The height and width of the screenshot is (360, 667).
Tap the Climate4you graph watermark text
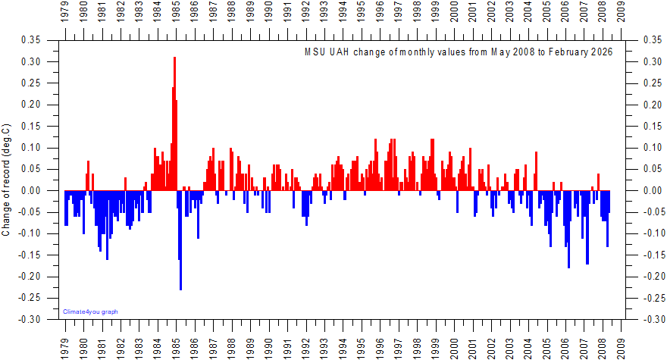[x=91, y=311]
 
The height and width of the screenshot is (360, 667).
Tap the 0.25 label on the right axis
[x=651, y=83]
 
